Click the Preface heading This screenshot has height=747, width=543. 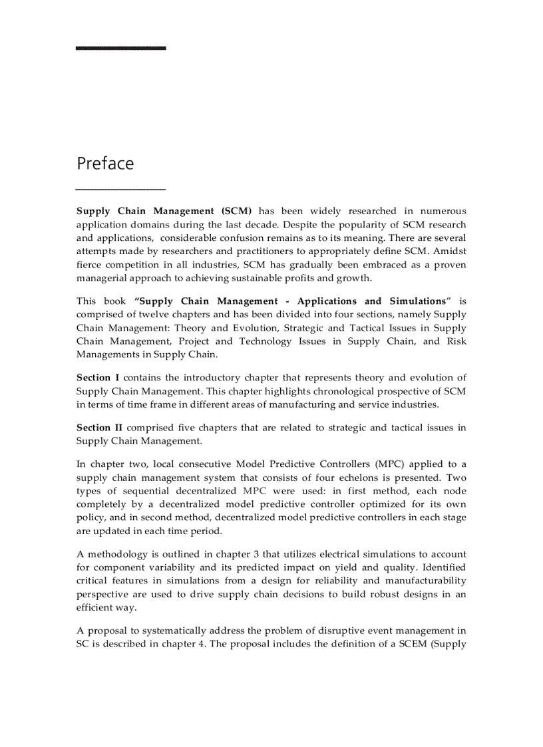[x=105, y=164]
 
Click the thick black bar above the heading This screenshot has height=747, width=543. [x=120, y=48]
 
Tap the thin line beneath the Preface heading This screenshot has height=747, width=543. [x=120, y=190]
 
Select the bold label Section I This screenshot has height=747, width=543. [x=94, y=378]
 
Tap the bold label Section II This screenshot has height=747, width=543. [x=96, y=428]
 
